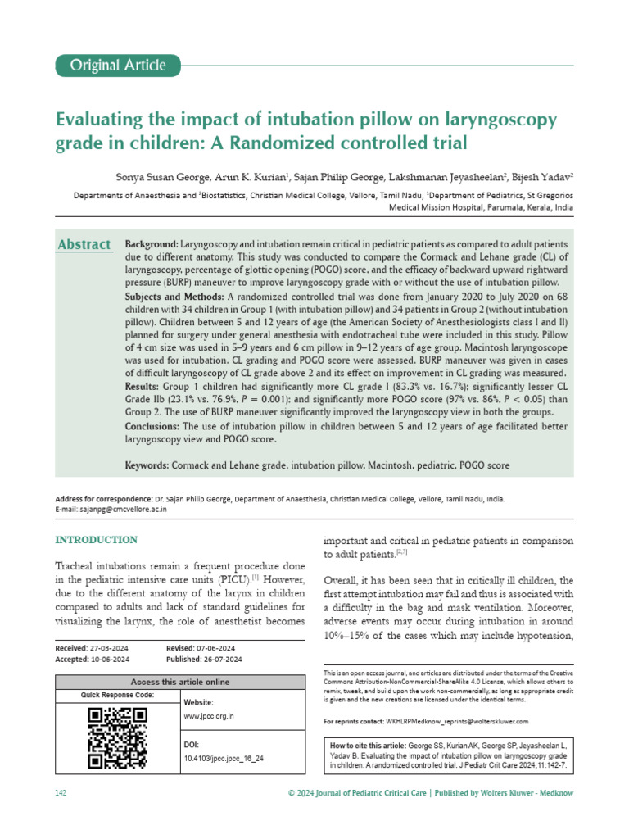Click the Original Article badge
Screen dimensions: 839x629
117,66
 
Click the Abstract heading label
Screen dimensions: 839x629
84,245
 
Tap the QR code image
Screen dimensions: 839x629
117,738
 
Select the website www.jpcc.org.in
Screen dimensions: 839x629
210,716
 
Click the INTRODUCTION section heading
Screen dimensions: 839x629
96,540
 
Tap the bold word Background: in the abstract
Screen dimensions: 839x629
152,245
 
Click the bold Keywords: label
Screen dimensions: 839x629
147,465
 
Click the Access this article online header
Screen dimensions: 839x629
180,682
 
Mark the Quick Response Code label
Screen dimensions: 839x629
116,695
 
